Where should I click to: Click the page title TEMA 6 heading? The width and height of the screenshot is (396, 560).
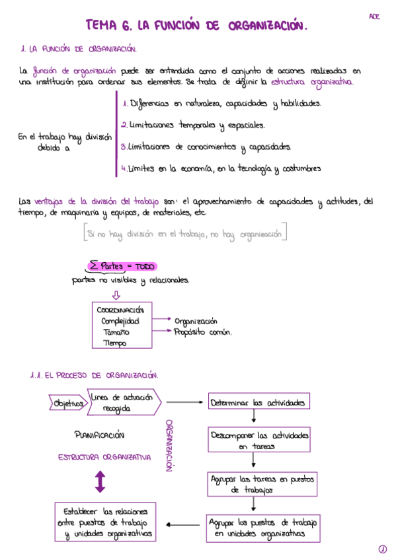pos(196,26)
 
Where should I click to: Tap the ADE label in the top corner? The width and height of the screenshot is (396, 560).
pos(375,17)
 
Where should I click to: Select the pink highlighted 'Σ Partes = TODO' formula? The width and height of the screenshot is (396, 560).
pos(122,266)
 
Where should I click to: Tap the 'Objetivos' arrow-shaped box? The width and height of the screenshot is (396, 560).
pos(67,403)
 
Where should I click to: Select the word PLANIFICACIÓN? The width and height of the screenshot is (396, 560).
pos(100,435)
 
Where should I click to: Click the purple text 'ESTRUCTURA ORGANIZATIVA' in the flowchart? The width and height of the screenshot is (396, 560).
pos(104,457)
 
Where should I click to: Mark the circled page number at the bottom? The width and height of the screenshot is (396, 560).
pos(382,549)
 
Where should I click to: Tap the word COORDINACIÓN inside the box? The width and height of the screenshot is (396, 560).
pos(124,310)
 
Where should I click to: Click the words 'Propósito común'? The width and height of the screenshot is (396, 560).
pos(203,332)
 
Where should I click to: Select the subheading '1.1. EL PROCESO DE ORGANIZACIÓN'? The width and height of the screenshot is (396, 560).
pos(93,374)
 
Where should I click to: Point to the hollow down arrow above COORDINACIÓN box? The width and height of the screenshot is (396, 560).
pos(116,295)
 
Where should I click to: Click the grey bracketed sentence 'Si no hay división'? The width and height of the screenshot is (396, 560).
pos(185,234)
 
